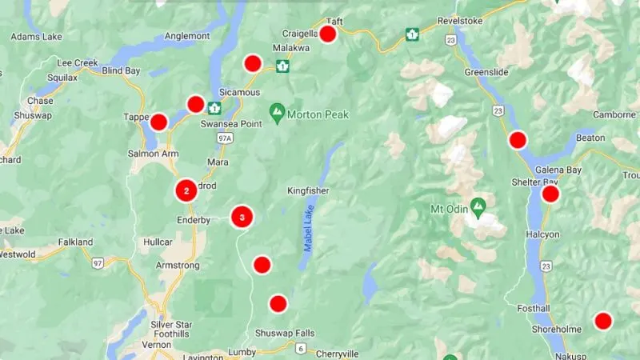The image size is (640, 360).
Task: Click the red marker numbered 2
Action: pyautogui.click(x=186, y=190)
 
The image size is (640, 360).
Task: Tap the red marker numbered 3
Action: pyautogui.click(x=242, y=217)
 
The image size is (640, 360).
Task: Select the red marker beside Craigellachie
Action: pyautogui.click(x=327, y=34)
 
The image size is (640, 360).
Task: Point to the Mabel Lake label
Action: pyautogui.click(x=307, y=228)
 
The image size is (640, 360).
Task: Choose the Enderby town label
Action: pyautogui.click(x=194, y=220)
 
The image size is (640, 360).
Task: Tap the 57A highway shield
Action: pyautogui.click(x=225, y=138)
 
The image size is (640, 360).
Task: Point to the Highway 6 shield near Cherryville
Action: pyautogui.click(x=300, y=348)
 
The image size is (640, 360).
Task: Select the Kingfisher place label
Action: pyautogui.click(x=308, y=190)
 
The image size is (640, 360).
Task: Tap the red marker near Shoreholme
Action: pyautogui.click(x=603, y=321)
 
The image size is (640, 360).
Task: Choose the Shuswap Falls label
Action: pyautogui.click(x=285, y=333)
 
